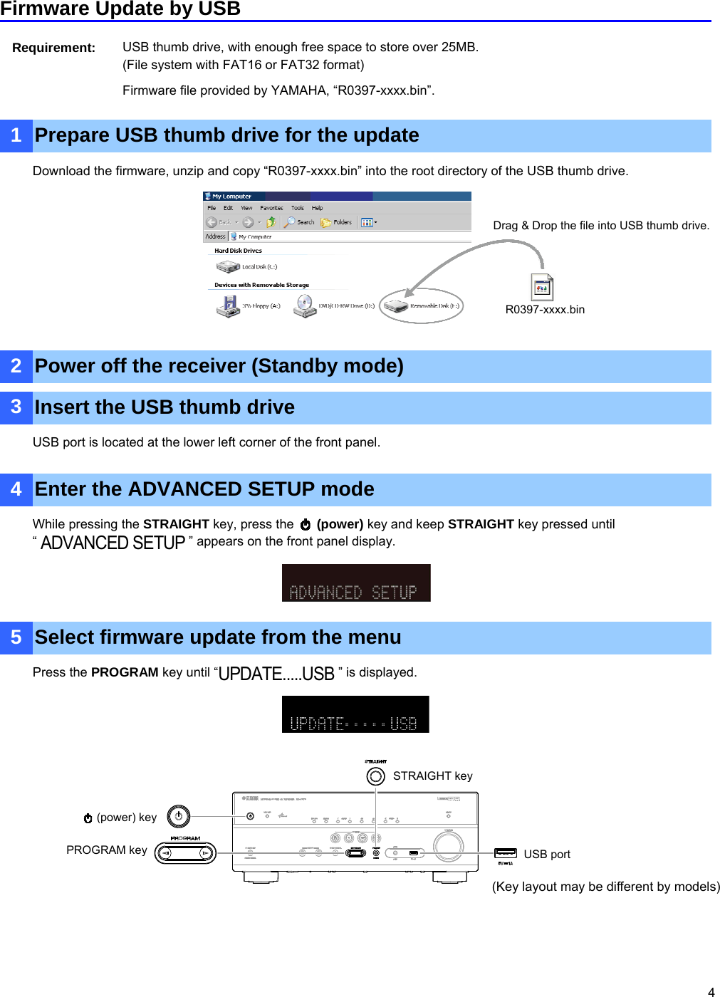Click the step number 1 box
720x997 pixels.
16,135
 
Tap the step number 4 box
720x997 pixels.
16,489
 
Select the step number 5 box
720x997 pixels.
16,637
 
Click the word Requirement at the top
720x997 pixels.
53,48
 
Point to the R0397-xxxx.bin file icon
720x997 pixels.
542,287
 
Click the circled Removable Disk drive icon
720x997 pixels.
395,306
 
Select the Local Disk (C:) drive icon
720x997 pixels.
228,266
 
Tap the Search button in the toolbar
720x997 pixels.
299,222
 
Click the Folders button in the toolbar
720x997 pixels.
337,222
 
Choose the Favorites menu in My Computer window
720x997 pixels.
271,208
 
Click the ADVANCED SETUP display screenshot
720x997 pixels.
356,583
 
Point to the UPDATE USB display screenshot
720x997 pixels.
355,714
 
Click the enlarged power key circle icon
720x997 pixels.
179,816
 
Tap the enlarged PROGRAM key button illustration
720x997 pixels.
185,852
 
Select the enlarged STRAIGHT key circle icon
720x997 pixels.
375,776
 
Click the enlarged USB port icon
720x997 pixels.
506,853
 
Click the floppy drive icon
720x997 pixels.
228,306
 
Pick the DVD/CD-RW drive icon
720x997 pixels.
305,306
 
